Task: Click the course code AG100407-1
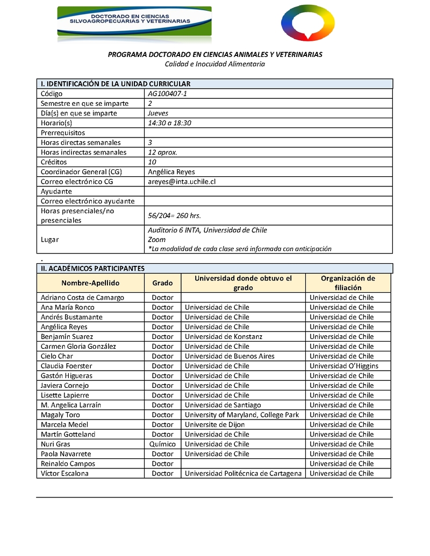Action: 167,93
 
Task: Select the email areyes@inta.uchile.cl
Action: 182,182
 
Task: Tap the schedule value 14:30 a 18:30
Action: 169,123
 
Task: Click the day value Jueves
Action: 158,113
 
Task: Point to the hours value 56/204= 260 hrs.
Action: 174,215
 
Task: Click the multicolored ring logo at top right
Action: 307,23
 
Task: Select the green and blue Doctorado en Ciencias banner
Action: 134,21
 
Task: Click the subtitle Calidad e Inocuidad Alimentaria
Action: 215,64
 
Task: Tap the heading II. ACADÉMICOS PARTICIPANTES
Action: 93,268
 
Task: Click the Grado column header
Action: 162,283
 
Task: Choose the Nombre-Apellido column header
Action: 90,283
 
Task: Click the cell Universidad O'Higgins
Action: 344,366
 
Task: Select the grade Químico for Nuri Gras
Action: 162,444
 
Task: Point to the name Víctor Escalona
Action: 64,473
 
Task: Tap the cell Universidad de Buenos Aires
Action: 230,356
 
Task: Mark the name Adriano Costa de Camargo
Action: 82,298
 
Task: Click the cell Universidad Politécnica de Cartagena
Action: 243,473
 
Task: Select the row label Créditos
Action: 54,162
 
